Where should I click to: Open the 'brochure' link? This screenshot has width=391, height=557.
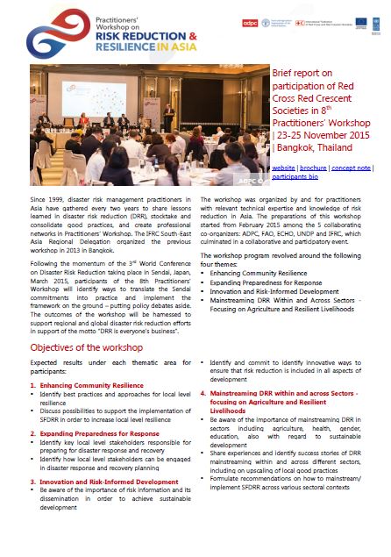(x=313, y=167)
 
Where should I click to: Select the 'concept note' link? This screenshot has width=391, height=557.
(x=351, y=167)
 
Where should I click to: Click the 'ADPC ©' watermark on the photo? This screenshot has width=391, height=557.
(x=249, y=182)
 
